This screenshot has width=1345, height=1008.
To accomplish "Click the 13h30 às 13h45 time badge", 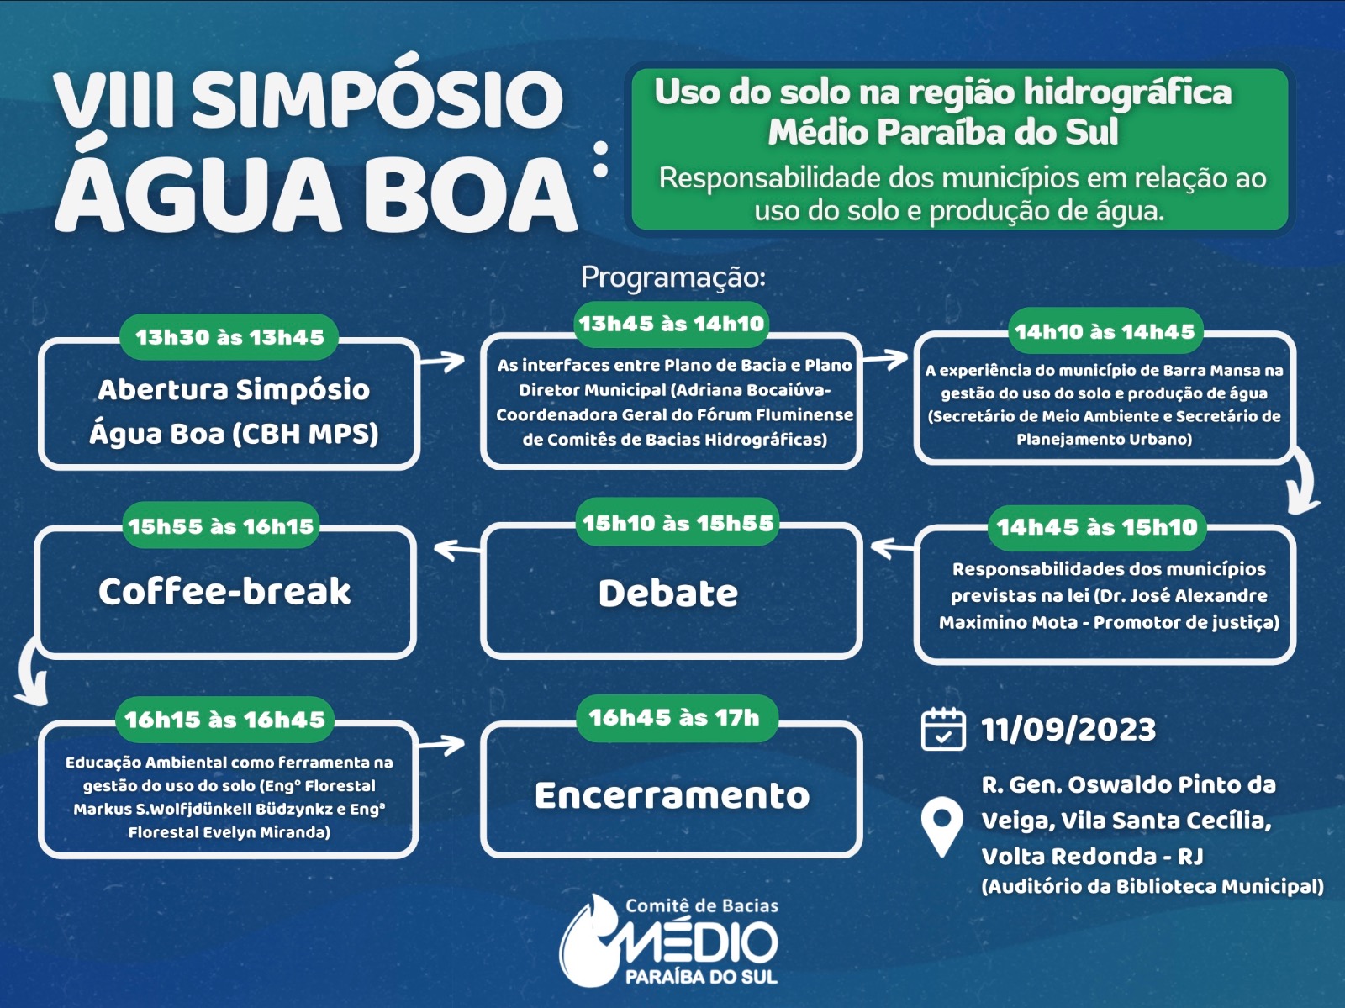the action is [x=229, y=337].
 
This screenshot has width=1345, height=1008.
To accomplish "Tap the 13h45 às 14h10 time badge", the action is [x=672, y=324].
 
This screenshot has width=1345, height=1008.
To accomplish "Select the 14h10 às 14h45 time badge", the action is [x=1105, y=331].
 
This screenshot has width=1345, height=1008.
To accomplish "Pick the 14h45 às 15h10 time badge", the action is [x=1097, y=527].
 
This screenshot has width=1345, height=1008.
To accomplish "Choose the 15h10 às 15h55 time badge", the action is [x=678, y=523].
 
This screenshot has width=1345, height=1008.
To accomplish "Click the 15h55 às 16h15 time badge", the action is [x=220, y=525].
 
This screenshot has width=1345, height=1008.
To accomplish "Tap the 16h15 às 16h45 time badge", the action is [x=225, y=720].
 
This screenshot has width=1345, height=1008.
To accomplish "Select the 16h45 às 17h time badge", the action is [x=674, y=718].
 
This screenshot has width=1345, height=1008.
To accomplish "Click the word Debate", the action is [x=668, y=594].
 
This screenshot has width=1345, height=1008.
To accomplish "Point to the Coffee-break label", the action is [x=225, y=591].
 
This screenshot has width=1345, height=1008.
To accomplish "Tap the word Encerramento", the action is [x=672, y=795].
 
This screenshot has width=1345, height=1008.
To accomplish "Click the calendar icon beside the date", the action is [x=944, y=729].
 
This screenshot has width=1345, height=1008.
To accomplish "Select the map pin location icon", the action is [x=942, y=827].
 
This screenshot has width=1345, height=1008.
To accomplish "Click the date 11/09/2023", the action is [x=1068, y=729].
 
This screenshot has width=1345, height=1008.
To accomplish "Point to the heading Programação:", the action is [x=673, y=277].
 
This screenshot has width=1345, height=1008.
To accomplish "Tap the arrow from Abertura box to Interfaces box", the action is [x=442, y=361].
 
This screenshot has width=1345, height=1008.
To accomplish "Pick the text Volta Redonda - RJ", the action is [x=1093, y=856].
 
